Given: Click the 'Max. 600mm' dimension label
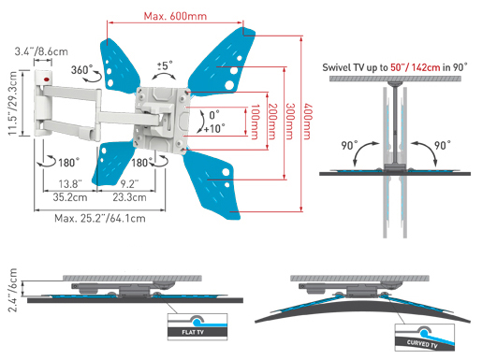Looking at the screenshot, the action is tap(175, 16).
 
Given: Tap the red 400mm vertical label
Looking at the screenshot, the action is tap(307, 122).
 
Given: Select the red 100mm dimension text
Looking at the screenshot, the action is tap(255, 122).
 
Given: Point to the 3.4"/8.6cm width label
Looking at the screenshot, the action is tap(41, 51).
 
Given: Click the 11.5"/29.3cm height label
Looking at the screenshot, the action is tap(12, 103).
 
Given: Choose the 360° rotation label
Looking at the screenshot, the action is tap(81, 69).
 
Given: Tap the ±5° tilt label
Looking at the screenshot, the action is tap(165, 65).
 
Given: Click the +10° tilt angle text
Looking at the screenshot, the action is tap(214, 128).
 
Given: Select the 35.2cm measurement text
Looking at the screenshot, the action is tap(70, 197).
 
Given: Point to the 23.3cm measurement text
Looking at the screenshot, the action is tap(129, 197).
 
